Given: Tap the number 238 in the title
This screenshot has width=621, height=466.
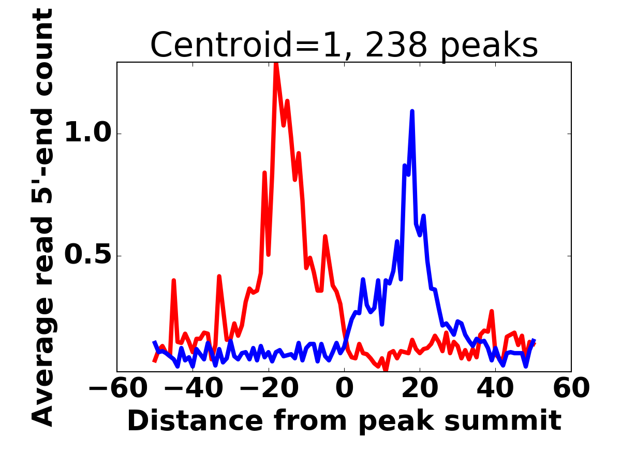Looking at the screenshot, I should coord(396,45).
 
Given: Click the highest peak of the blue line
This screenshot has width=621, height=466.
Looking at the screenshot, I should coord(412,111).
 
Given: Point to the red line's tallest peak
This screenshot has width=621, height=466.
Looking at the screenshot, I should coord(276,63).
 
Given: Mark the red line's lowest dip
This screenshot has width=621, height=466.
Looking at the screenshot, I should coord(386,370).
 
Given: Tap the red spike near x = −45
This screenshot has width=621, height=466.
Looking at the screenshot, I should coord(174,280).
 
